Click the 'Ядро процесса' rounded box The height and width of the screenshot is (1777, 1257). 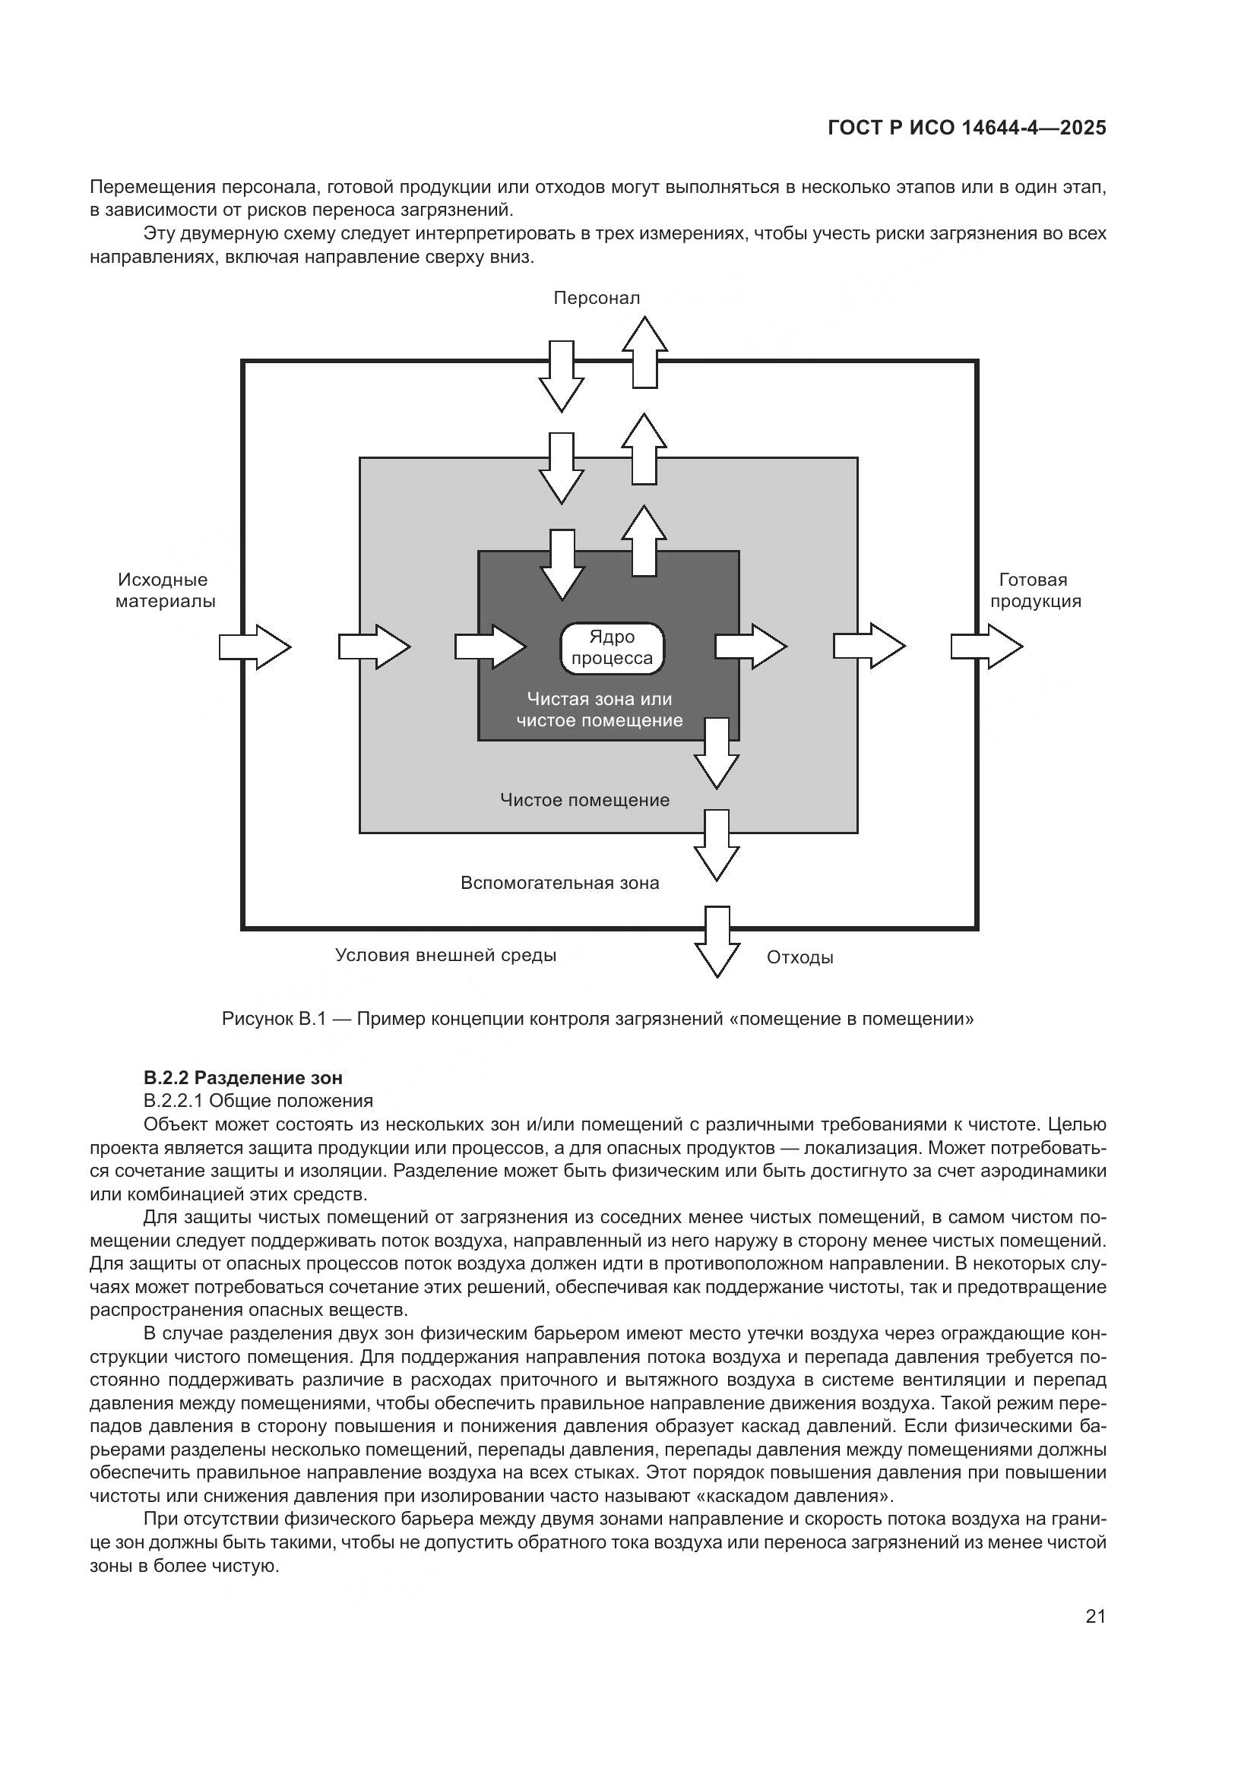(x=612, y=648)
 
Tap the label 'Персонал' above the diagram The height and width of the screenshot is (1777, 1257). (x=597, y=298)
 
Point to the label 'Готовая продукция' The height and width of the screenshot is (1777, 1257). (x=1035, y=590)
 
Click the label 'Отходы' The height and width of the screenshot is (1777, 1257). (x=799, y=957)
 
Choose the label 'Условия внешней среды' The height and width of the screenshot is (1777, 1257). (x=446, y=955)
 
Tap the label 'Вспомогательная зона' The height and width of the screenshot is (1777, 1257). (x=559, y=883)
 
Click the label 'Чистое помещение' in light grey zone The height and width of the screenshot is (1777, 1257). (x=584, y=800)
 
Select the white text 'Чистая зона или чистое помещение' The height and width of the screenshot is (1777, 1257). (x=600, y=710)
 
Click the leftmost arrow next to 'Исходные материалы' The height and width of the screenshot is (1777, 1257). (x=255, y=647)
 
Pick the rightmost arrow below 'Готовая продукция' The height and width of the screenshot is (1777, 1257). (x=986, y=647)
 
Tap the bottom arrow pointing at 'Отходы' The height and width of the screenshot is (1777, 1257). (x=717, y=942)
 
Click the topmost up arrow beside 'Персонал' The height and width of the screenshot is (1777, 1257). (x=644, y=353)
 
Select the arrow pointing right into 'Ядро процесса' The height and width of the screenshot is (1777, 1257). (x=490, y=647)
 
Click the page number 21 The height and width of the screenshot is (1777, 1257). (x=1095, y=1616)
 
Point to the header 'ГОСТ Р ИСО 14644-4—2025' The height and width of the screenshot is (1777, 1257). (x=967, y=128)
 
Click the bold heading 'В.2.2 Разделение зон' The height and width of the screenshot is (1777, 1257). (x=243, y=1077)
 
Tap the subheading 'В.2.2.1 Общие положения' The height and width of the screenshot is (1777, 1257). (x=258, y=1101)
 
